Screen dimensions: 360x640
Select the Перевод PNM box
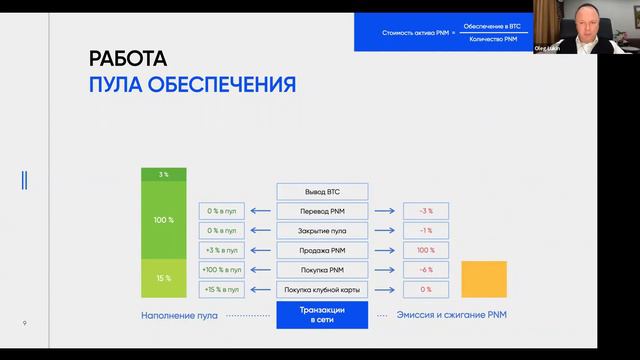322,211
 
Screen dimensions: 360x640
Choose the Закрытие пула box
322,230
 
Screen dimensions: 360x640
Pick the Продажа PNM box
322,250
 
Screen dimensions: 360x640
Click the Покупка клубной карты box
322,289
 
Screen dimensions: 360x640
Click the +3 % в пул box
221,250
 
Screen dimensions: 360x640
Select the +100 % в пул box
221,270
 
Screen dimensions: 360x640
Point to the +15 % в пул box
221,289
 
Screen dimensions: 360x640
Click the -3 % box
425,211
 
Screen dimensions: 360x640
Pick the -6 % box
425,270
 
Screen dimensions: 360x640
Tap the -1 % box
425,230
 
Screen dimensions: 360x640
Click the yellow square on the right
484,279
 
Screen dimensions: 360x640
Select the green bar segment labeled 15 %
164,278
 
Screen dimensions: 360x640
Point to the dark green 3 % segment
164,175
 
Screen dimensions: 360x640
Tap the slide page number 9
25,322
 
